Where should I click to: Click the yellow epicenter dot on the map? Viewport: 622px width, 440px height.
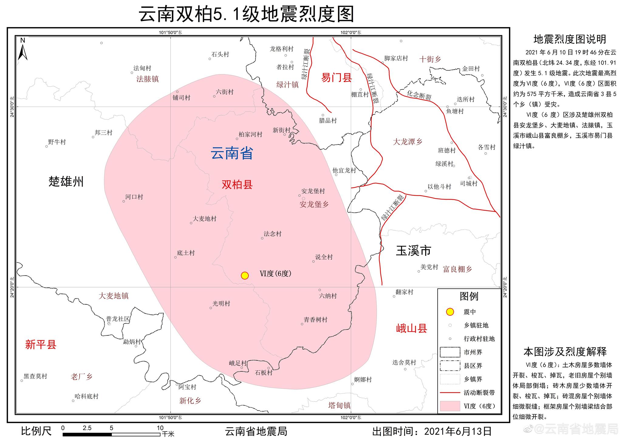click(x=245, y=276)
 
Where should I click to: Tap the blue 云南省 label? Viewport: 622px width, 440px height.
click(x=232, y=153)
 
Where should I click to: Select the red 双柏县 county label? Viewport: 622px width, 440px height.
click(x=237, y=184)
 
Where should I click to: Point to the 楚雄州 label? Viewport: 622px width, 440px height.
click(x=66, y=182)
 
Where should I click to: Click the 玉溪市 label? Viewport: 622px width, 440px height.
click(x=413, y=251)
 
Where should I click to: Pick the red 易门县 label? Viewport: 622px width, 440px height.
click(x=337, y=78)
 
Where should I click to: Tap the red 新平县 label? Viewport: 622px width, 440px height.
click(x=41, y=345)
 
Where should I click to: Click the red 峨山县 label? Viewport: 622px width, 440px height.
click(x=412, y=328)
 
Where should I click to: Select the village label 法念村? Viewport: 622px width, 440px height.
click(x=272, y=234)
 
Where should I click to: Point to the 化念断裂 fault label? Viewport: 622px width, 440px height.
click(x=419, y=95)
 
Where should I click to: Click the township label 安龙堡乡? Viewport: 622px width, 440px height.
click(x=314, y=205)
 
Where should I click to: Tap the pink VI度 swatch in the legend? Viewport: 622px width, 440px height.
click(x=450, y=406)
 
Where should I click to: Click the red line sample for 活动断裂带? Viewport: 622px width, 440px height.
click(x=450, y=393)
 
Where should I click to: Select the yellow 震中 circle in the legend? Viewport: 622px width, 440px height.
click(x=450, y=312)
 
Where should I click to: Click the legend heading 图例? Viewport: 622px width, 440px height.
click(x=469, y=296)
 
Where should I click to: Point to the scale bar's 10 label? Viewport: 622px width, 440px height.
click(x=160, y=428)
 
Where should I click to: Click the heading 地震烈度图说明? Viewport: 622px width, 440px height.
click(x=569, y=39)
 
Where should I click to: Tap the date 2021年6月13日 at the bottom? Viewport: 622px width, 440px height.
click(x=458, y=431)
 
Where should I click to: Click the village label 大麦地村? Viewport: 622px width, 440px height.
click(x=205, y=219)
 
